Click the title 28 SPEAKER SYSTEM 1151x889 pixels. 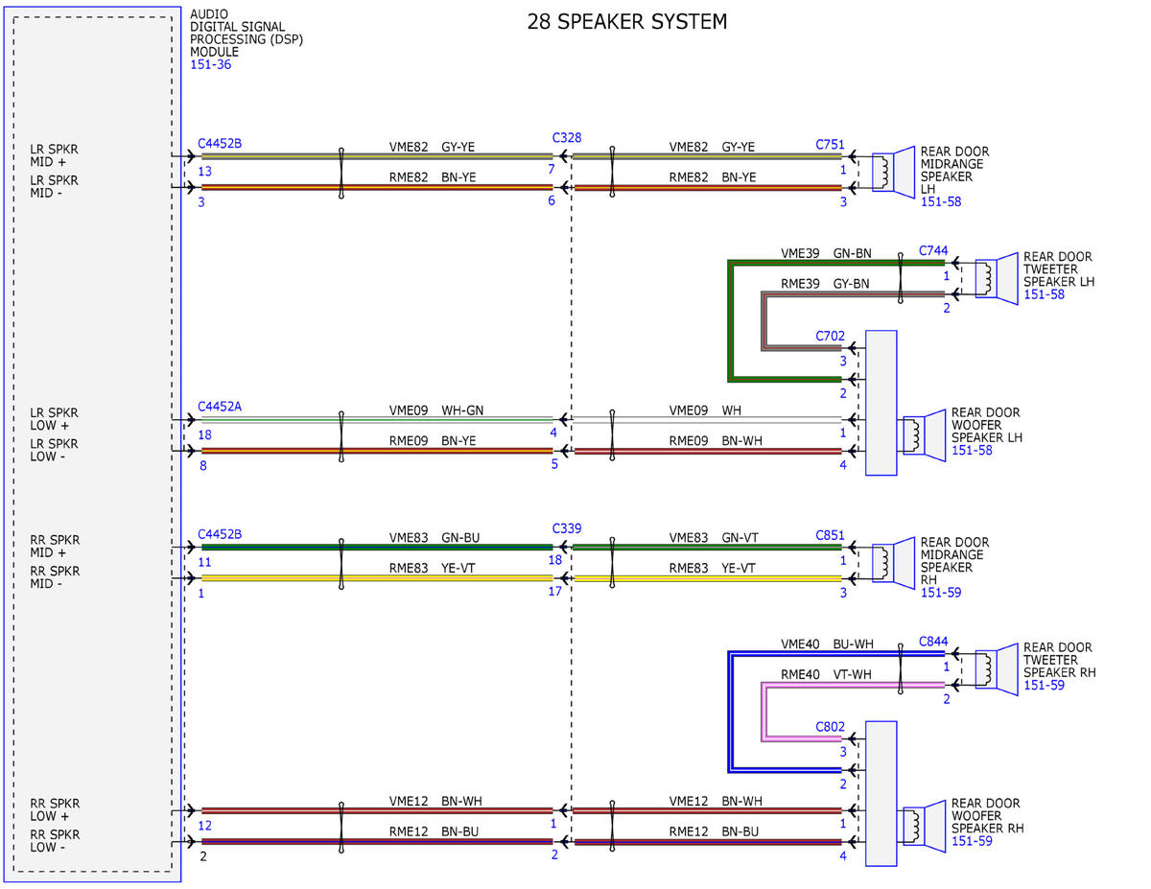coord(626,22)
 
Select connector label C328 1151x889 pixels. coord(566,138)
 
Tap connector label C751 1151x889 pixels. coord(830,145)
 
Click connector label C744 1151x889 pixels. coord(932,250)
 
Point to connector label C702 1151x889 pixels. coord(830,336)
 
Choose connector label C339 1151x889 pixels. coord(566,528)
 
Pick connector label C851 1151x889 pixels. coord(830,535)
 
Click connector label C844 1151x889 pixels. coord(932,642)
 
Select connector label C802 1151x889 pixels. coord(830,727)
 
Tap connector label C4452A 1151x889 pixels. coord(220,406)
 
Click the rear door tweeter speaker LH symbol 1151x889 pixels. coord(997,278)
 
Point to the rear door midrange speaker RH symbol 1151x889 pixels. coord(893,563)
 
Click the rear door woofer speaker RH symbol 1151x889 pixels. coord(924,827)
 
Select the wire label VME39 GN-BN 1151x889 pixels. coord(826,253)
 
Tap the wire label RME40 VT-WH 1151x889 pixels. coord(826,674)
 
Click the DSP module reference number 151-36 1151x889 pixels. coord(210,64)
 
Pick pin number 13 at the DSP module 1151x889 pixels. coord(204,171)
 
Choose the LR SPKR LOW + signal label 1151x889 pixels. coord(54,419)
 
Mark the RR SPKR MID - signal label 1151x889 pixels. coord(55,577)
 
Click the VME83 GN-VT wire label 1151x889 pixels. coord(714,537)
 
